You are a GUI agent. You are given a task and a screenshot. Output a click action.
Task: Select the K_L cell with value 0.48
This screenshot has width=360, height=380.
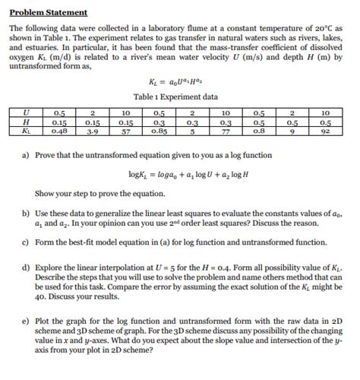(x=57, y=131)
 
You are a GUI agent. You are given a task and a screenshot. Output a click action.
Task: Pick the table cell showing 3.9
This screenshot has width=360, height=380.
(x=93, y=131)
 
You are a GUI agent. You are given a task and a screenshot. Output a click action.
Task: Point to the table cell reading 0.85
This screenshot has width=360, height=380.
(x=159, y=131)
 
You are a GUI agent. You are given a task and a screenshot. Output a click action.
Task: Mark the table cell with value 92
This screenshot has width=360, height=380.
(x=325, y=131)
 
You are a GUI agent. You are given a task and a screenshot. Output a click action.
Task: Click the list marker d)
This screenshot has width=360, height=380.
(x=25, y=268)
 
